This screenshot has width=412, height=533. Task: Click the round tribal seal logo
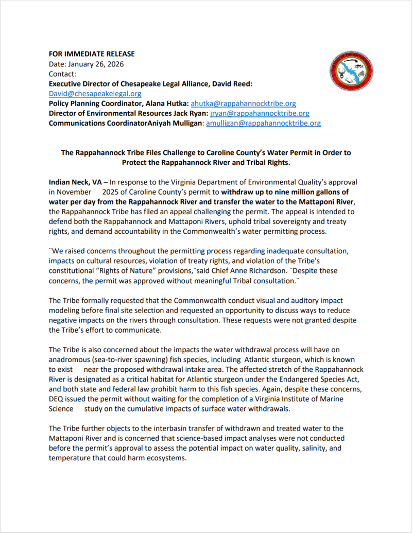(x=350, y=70)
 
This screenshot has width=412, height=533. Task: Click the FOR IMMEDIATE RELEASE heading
(x=92, y=54)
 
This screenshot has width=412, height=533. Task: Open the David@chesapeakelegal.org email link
(x=95, y=94)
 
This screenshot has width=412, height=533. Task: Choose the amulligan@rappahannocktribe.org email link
(x=263, y=123)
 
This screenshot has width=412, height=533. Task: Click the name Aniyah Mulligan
(x=173, y=123)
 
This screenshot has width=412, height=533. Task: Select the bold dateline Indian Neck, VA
(x=75, y=182)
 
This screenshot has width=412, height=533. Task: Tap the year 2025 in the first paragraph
(x=111, y=192)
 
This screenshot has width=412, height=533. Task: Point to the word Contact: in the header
(x=62, y=74)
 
